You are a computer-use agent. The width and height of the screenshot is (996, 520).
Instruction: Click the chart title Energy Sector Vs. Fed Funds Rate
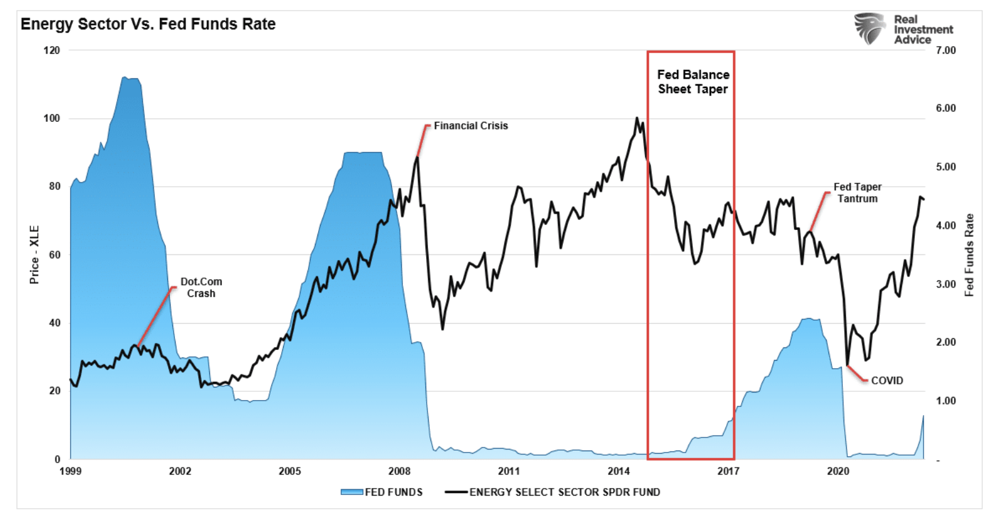pyautogui.click(x=148, y=24)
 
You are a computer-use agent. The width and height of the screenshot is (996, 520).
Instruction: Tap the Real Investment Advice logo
pyautogui.click(x=903, y=29)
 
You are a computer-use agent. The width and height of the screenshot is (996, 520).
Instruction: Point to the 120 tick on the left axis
pyautogui.click(x=52, y=51)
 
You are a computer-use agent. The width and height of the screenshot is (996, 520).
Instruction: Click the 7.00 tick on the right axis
pyautogui.click(x=945, y=51)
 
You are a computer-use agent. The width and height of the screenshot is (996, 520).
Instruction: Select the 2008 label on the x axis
pyautogui.click(x=399, y=471)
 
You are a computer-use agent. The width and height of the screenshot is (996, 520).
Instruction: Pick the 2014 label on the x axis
pyautogui.click(x=619, y=471)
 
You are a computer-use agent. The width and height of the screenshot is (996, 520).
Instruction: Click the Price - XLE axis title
pyautogui.click(x=34, y=254)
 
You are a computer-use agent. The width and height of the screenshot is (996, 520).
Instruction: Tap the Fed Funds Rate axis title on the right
pyautogui.click(x=969, y=254)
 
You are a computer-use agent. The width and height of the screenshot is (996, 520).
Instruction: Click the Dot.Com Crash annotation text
pyautogui.click(x=201, y=287)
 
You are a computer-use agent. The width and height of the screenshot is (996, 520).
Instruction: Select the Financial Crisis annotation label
pyautogui.click(x=471, y=126)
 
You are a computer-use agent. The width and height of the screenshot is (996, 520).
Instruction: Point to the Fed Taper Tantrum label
pyautogui.click(x=857, y=192)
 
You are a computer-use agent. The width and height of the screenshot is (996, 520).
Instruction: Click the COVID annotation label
pyautogui.click(x=887, y=381)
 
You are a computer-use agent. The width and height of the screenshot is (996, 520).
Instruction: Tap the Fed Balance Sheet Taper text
pyautogui.click(x=693, y=82)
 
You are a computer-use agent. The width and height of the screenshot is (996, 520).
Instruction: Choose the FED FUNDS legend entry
pyautogui.click(x=382, y=492)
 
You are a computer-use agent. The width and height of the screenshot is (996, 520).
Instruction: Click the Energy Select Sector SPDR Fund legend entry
pyautogui.click(x=553, y=492)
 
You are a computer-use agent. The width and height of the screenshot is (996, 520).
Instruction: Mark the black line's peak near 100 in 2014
pyautogui.click(x=637, y=117)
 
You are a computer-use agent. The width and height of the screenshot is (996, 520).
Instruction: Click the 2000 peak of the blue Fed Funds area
pyautogui.click(x=125, y=77)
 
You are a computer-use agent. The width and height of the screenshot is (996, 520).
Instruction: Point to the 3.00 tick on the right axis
pyautogui.click(x=945, y=284)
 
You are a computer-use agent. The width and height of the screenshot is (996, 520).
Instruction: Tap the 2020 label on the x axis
pyautogui.click(x=838, y=471)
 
